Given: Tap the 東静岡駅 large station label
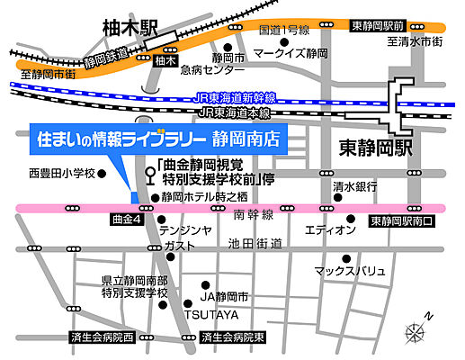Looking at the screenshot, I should (377, 143).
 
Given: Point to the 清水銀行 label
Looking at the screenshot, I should (352, 185).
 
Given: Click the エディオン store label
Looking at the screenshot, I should (330, 230).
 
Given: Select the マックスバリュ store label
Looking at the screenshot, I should (349, 270).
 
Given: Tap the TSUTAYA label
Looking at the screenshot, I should (212, 315).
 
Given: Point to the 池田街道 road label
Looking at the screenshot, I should (255, 244).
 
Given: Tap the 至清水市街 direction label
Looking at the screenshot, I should (415, 40).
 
